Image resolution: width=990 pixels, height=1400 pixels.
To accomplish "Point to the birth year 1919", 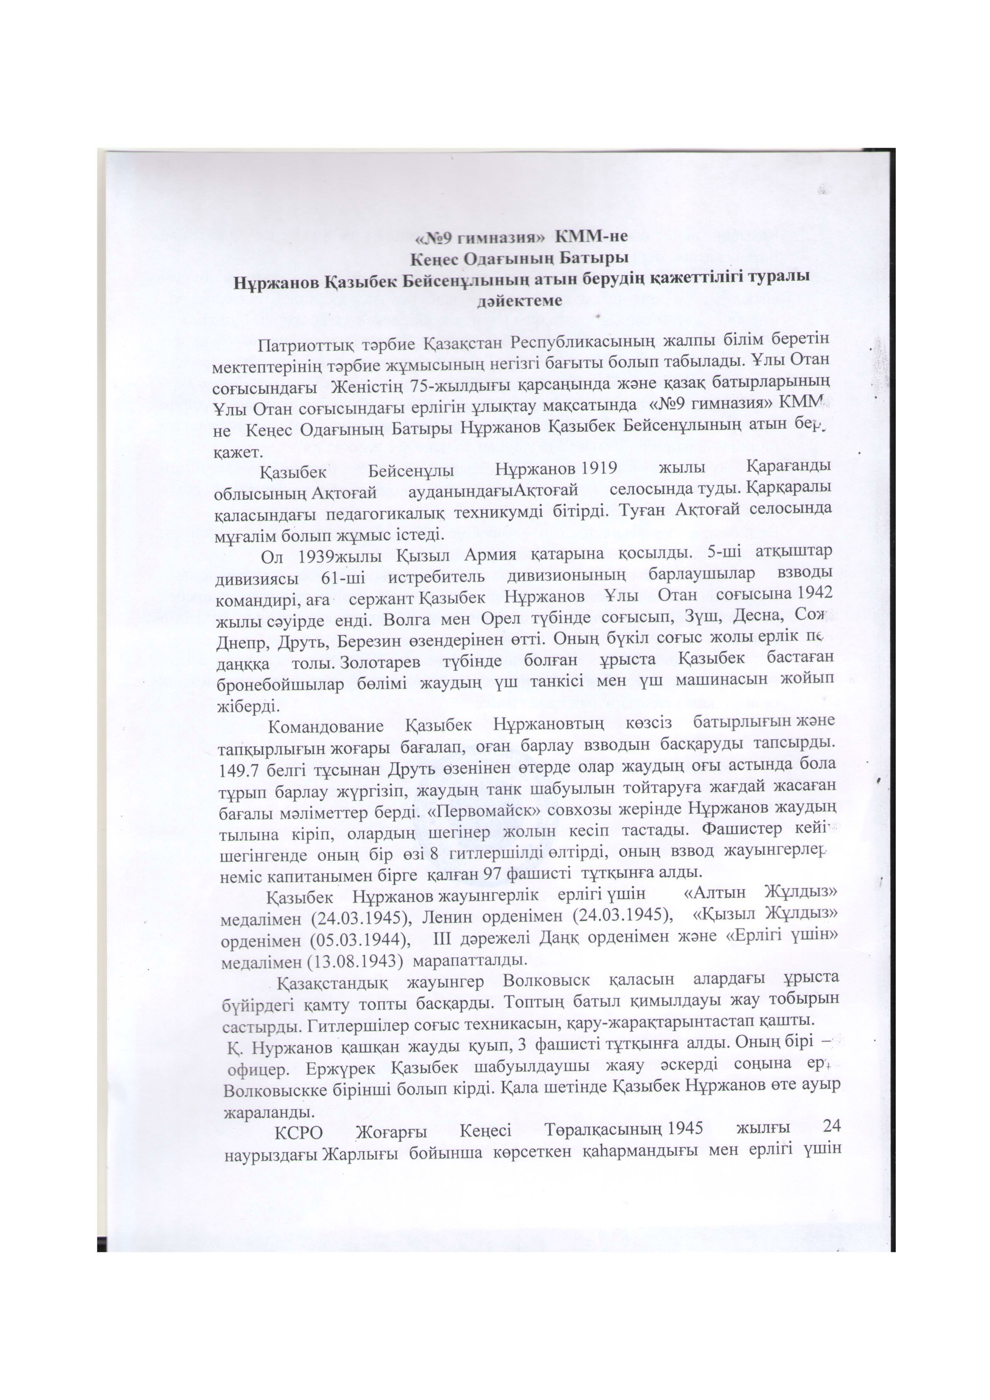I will (598, 468).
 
